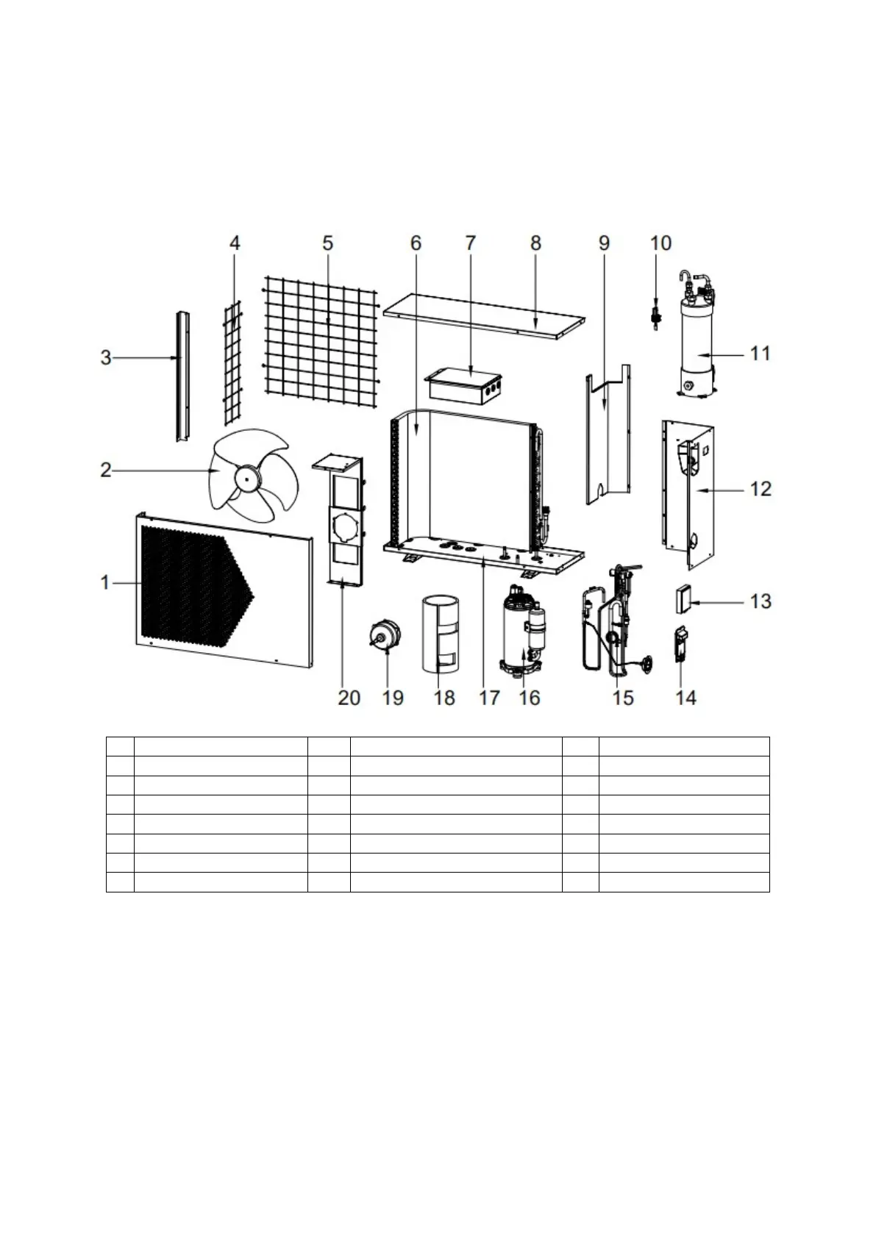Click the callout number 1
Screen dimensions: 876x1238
105,582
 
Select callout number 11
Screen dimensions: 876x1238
760,354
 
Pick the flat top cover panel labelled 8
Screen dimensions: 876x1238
485,316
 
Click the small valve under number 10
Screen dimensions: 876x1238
653,316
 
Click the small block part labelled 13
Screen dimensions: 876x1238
683,599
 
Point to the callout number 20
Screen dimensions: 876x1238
349,697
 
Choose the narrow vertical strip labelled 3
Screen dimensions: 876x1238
181,375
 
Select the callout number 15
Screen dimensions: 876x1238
623,697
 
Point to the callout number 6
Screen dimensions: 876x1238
416,243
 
